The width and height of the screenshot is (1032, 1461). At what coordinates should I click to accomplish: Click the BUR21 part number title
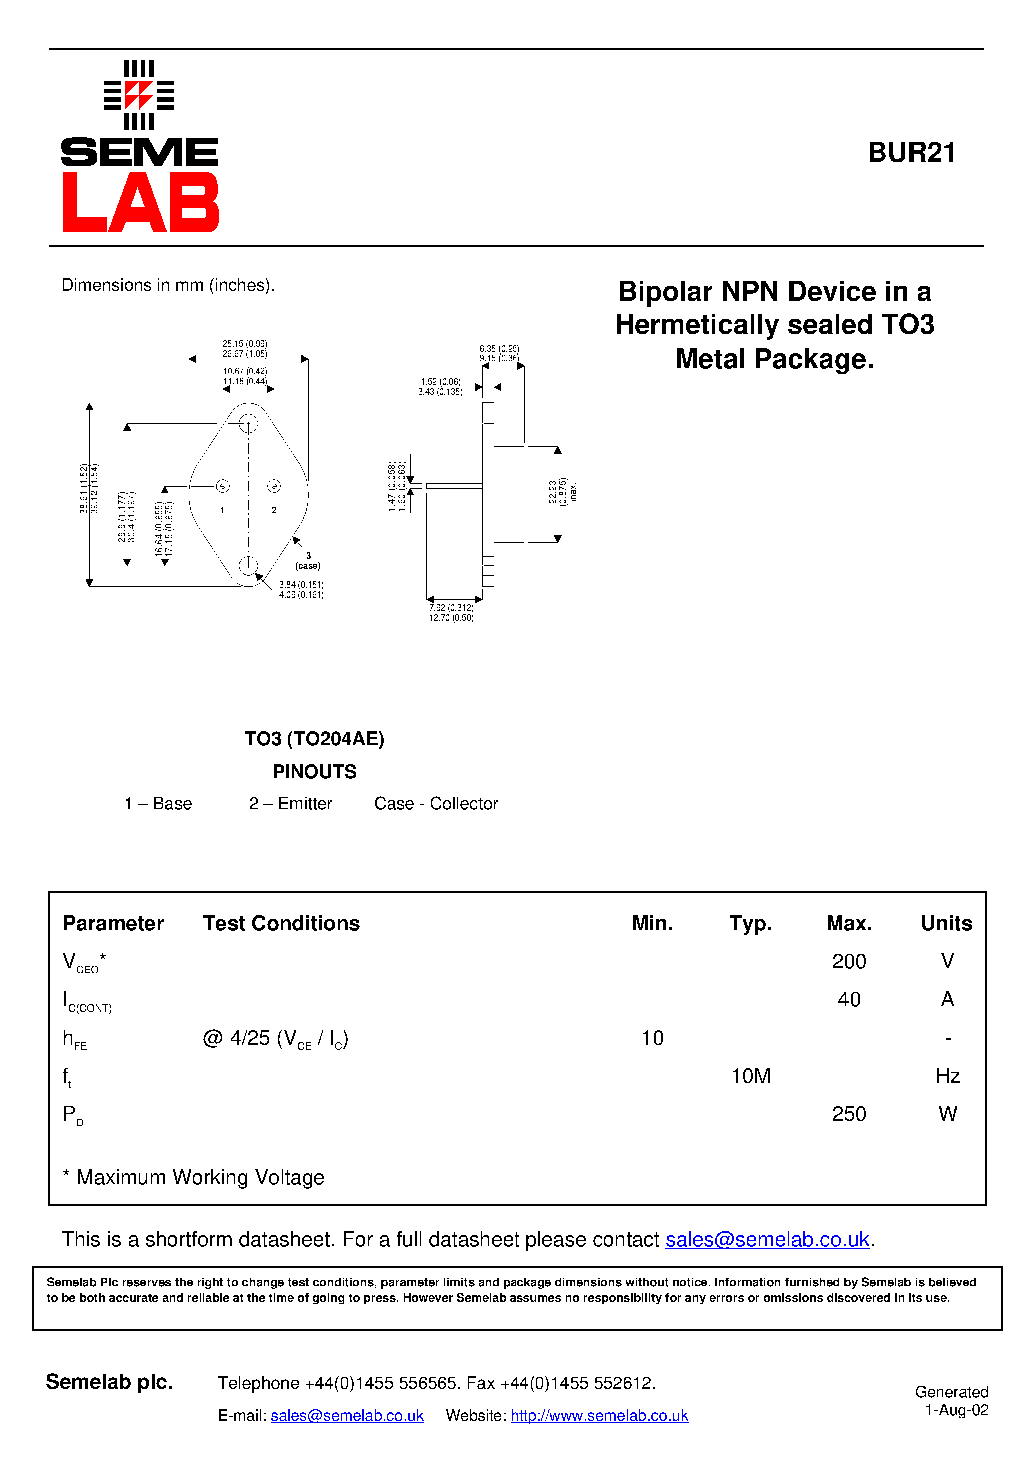pos(911,153)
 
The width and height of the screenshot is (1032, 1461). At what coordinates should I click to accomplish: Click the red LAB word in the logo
pos(140,202)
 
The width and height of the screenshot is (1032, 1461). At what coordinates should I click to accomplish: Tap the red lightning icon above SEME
pos(139,95)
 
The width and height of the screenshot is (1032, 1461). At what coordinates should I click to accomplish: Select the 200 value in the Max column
pos(848,961)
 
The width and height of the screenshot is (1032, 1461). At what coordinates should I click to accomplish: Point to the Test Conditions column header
pos(281,923)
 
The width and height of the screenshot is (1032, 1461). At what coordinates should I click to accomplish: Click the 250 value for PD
pos(848,1114)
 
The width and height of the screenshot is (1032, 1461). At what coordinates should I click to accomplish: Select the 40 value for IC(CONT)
pos(848,1000)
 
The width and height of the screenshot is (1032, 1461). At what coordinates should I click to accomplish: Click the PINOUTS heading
pos(314,772)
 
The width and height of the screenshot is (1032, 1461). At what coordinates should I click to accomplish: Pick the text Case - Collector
pos(436,803)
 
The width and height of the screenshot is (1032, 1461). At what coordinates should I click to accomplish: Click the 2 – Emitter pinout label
pos(290,803)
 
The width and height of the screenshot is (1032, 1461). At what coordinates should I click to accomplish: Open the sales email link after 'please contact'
pos(767,1240)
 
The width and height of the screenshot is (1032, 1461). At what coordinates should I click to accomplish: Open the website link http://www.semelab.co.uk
pos(599,1415)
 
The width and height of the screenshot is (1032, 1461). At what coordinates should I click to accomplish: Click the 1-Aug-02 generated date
pos(956,1410)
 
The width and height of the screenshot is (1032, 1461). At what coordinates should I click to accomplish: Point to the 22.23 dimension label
pos(553,492)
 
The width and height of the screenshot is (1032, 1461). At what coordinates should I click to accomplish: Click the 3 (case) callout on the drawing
pos(308,561)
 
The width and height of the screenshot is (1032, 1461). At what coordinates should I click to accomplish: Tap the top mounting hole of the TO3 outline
pos(248,423)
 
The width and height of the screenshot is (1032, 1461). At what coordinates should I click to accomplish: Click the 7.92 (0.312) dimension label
pos(451,608)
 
